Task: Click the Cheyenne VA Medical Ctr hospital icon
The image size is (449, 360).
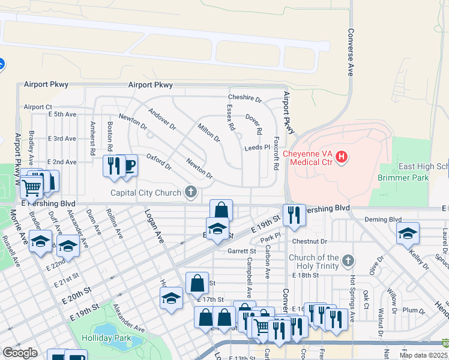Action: point(342,157)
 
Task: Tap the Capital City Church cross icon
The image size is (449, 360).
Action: point(191,193)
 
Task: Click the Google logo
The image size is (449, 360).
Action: point(20,353)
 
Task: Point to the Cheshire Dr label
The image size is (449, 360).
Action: point(245,98)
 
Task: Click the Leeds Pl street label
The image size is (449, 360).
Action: point(258,148)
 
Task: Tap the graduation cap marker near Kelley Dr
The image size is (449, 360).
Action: point(408,233)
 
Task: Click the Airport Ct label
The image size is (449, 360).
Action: point(38,107)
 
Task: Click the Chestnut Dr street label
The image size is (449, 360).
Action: point(310,241)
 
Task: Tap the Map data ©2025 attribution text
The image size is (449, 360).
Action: point(423,355)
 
